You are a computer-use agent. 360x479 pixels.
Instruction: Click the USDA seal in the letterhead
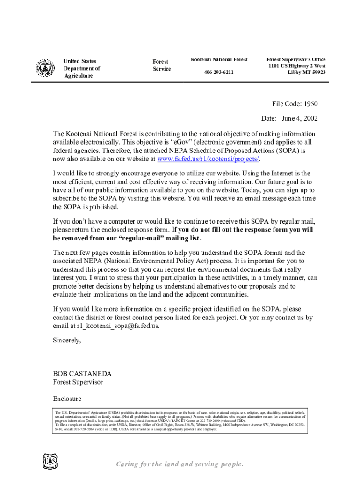pos(45,68)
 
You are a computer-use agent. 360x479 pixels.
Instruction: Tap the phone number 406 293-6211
pos(218,73)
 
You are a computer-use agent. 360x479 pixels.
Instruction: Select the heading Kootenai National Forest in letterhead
pos(218,59)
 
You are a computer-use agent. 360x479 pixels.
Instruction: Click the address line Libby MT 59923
pos(306,73)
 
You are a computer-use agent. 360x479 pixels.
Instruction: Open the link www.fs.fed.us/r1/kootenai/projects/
pos(208,159)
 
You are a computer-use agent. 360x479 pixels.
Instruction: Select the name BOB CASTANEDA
pos(82,374)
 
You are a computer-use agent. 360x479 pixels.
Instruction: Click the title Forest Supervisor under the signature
pos(78,382)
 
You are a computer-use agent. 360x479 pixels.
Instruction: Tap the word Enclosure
pos(67,399)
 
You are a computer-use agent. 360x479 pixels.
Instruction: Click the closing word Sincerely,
pos(67,340)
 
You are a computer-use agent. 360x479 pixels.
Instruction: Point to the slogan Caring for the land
pos(180,464)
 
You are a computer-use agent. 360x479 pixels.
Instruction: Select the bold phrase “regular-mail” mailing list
pos(161,239)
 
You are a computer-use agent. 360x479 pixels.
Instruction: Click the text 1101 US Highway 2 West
pos(297,66)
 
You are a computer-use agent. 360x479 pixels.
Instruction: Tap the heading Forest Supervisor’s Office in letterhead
pos(296,59)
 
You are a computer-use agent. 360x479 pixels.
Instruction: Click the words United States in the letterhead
pos(80,61)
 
